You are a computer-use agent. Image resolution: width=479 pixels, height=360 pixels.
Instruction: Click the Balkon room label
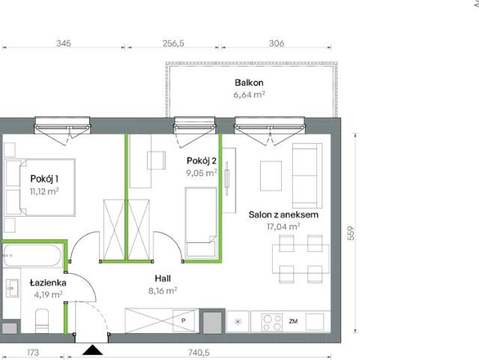tap(249, 82)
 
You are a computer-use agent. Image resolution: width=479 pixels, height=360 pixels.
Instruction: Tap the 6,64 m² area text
tap(249, 95)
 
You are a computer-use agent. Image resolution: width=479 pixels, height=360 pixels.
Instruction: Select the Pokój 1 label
tap(44, 178)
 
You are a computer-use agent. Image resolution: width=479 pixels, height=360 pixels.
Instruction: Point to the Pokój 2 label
tap(202, 160)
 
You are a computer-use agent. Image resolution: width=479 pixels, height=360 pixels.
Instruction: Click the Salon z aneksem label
tap(284, 214)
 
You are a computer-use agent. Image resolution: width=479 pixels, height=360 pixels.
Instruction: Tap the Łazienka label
tap(48, 283)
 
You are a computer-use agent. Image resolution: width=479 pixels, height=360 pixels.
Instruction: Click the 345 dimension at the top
tap(63, 43)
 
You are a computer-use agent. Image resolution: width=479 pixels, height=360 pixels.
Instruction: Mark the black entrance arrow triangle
tap(92, 349)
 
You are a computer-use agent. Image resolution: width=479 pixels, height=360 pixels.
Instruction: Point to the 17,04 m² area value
tap(284, 225)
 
